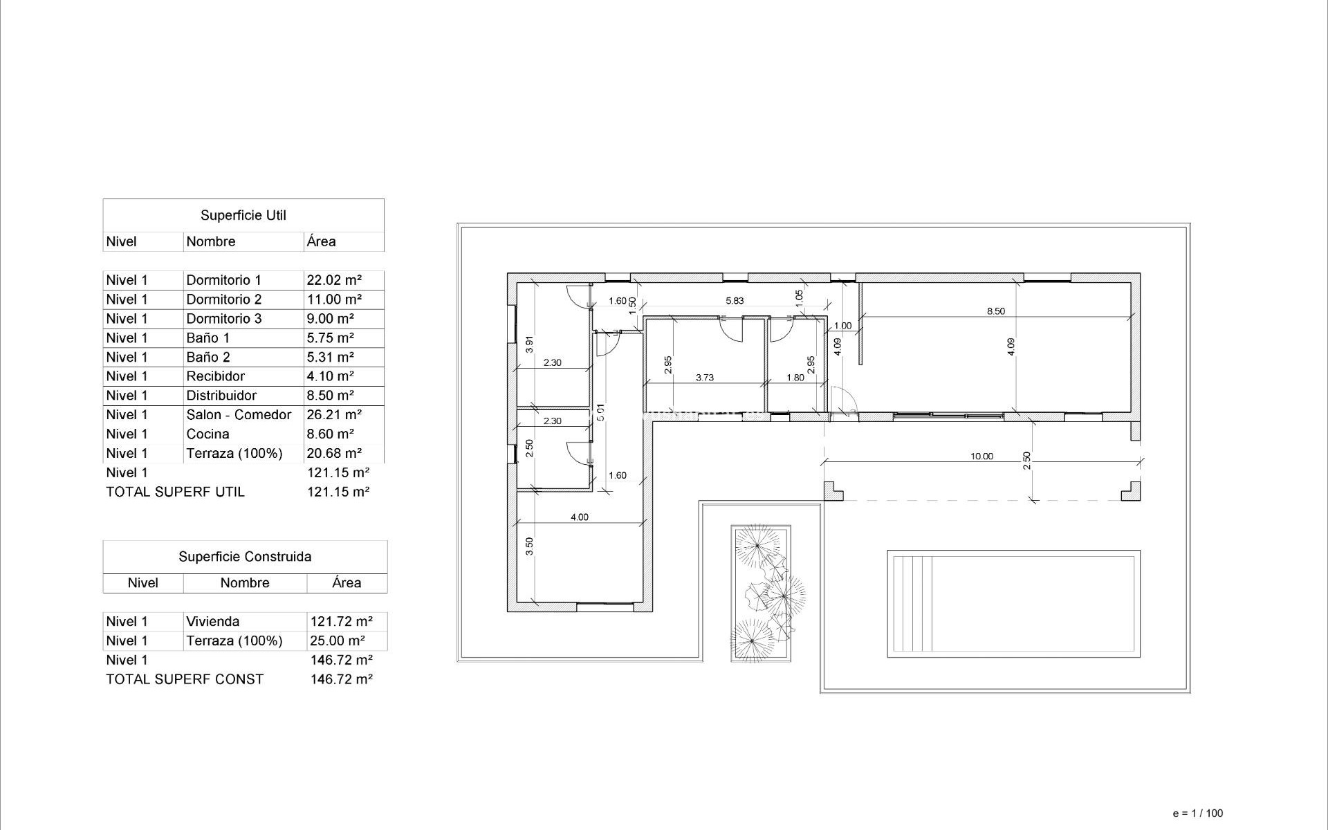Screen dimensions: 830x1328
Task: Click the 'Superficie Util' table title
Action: pyautogui.click(x=243, y=215)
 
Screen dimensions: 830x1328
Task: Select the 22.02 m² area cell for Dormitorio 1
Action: pyautogui.click(x=334, y=280)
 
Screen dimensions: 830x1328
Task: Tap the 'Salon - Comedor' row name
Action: pyautogui.click(x=239, y=415)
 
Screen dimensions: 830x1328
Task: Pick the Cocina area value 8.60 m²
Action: pyautogui.click(x=330, y=434)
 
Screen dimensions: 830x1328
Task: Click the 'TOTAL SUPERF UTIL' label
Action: pyautogui.click(x=175, y=492)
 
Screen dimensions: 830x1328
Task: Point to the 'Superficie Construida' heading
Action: pyautogui.click(x=245, y=557)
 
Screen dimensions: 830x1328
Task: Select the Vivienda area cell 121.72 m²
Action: pyautogui.click(x=342, y=622)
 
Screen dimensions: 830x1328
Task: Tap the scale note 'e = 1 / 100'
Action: pyautogui.click(x=1197, y=813)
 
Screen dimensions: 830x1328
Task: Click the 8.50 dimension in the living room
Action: pyautogui.click(x=995, y=311)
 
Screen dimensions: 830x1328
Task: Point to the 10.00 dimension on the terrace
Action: pyautogui.click(x=981, y=456)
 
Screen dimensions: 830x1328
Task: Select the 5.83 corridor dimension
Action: pyautogui.click(x=735, y=301)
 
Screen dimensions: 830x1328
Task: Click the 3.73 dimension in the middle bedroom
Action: pyautogui.click(x=704, y=378)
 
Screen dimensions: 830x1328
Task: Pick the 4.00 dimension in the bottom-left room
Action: pyautogui.click(x=579, y=517)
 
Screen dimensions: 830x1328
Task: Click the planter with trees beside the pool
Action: pyautogui.click(x=761, y=593)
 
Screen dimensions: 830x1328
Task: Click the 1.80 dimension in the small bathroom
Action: pyautogui.click(x=795, y=378)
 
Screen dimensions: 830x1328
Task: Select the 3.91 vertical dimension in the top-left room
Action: pyautogui.click(x=530, y=344)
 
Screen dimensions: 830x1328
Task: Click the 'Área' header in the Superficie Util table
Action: pyautogui.click(x=322, y=242)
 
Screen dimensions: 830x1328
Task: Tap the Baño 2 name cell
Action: pyautogui.click(x=207, y=358)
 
